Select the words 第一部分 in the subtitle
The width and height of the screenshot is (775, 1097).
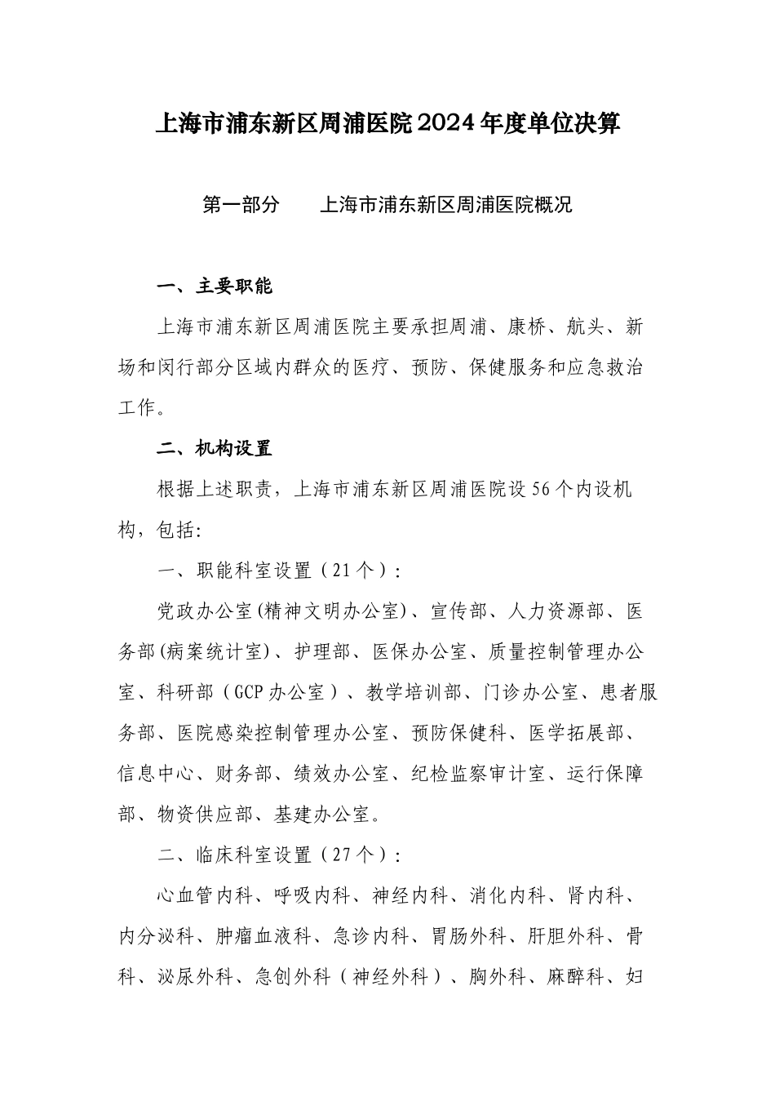[x=240, y=204]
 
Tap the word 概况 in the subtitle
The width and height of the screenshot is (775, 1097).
[x=553, y=204]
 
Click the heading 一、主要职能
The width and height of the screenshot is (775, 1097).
[x=215, y=286]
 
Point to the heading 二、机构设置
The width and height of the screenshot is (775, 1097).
[x=215, y=449]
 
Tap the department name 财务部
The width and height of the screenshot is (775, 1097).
[x=244, y=773]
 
